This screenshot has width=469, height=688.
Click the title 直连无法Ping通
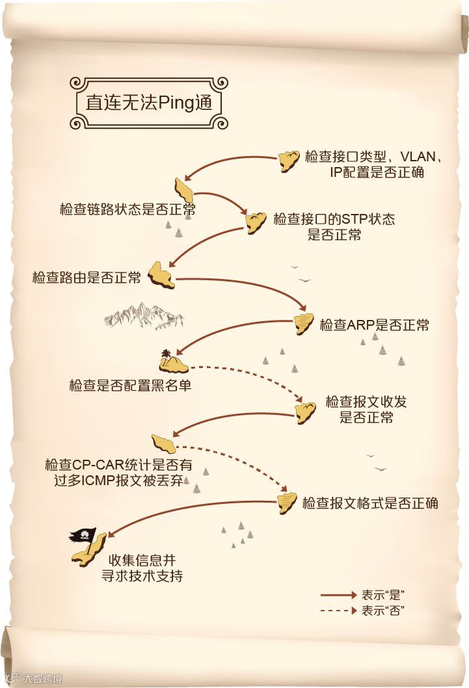tap(149, 103)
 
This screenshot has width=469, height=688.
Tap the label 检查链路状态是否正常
tap(127, 209)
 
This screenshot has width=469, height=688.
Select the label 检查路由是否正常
tap(87, 278)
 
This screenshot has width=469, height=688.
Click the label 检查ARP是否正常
tap(374, 324)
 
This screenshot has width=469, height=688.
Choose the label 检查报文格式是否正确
tap(370, 503)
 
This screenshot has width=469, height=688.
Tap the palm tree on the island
tap(167, 354)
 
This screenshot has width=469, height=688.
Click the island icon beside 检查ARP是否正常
tap(302, 323)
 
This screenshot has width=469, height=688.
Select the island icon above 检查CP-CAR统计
tap(163, 443)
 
